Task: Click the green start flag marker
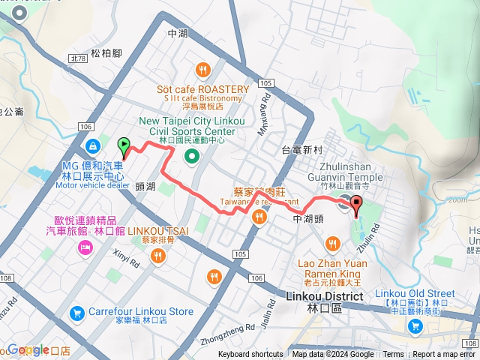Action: tap(124, 144)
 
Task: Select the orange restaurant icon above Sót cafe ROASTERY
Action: tap(202, 71)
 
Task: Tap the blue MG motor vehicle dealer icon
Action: tap(92, 145)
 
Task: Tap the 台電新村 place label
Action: tap(301, 150)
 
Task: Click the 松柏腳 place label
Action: tap(105, 53)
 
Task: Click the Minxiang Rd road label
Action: tap(264, 109)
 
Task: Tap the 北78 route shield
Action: tap(77, 57)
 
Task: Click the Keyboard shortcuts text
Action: tap(250, 354)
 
